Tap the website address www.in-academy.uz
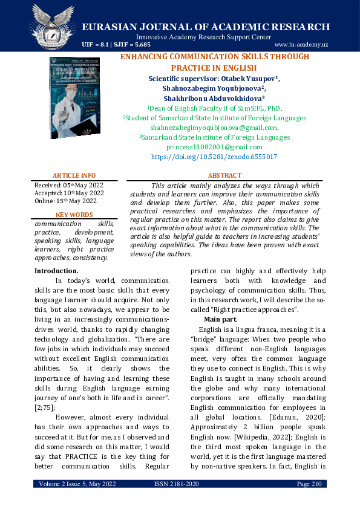(x=301, y=45)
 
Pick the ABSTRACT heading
(x=224, y=175)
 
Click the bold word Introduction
(x=56, y=271)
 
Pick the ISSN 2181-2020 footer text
(x=180, y=484)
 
